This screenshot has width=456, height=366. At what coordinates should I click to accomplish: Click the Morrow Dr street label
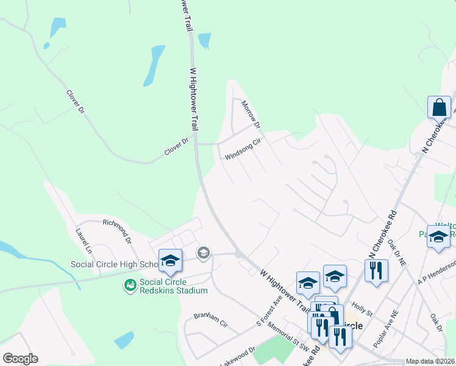[x=251, y=115]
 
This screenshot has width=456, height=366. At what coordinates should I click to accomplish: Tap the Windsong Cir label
[x=243, y=148]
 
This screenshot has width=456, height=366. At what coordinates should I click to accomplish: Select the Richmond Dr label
[x=117, y=231]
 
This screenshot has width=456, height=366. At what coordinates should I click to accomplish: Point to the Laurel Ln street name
[x=84, y=241]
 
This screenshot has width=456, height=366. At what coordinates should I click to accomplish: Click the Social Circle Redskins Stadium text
[x=174, y=286]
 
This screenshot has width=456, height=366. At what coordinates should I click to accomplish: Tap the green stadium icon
[x=130, y=285]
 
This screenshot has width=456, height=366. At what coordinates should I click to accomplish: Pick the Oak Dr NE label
[x=397, y=253]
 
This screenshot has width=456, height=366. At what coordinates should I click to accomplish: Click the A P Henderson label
[x=436, y=272]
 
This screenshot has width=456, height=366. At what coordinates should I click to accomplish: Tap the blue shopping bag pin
[x=439, y=108]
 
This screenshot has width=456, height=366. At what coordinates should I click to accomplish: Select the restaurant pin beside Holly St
[x=376, y=270]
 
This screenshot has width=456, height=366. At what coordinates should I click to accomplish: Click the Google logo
[x=20, y=359]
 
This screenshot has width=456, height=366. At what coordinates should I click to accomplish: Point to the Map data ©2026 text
[x=430, y=361]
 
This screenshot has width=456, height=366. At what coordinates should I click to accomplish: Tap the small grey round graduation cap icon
[x=204, y=253]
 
